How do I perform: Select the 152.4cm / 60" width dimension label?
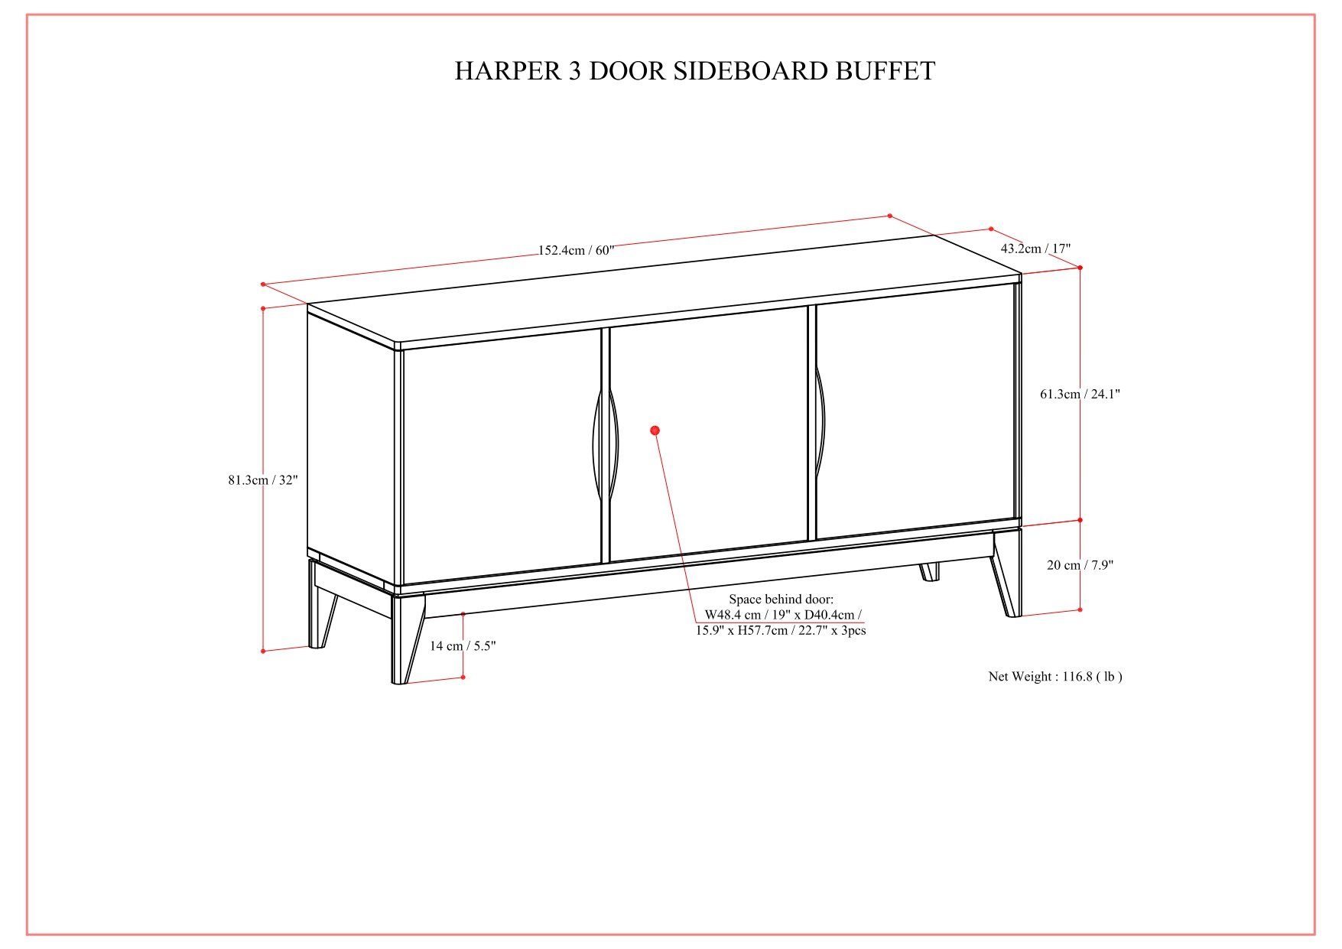point(576,250)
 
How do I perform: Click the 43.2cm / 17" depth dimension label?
point(1035,249)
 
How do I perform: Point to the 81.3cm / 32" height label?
point(262,480)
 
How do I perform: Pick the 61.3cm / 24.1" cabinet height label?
point(1080,394)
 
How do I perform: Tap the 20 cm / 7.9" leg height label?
point(1080,565)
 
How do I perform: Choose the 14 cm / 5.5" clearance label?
point(462,646)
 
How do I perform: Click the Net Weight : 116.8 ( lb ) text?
point(1055,677)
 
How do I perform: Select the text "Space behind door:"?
point(781,600)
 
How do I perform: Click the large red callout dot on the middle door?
point(655,431)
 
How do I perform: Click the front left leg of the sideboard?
point(407,638)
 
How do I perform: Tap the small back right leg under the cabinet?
point(930,572)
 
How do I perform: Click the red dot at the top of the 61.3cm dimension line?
point(1080,268)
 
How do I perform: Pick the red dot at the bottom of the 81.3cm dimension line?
point(263,652)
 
